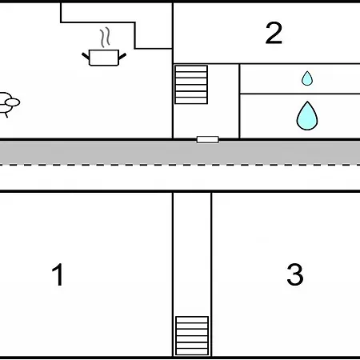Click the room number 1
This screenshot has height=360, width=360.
click(x=58, y=274)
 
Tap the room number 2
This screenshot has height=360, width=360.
click(x=274, y=33)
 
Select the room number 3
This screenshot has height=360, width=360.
click(x=295, y=274)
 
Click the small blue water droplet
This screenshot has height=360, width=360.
click(x=307, y=78)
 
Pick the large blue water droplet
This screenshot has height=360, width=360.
click(x=307, y=116)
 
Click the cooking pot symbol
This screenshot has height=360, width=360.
click(x=104, y=58)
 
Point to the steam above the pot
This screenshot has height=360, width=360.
click(x=105, y=37)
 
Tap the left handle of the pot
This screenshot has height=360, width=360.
click(x=86, y=57)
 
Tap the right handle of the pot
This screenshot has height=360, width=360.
click(x=122, y=56)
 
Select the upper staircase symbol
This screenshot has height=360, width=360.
click(x=191, y=85)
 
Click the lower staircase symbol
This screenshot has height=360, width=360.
click(x=192, y=336)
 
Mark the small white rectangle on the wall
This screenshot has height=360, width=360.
click(x=207, y=139)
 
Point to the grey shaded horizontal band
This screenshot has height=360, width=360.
click(x=180, y=153)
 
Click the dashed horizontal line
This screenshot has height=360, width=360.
click(x=180, y=165)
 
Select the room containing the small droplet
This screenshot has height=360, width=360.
click(x=300, y=78)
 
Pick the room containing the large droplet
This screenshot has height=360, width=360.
click(x=300, y=116)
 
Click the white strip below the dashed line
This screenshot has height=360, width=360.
click(x=180, y=178)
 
